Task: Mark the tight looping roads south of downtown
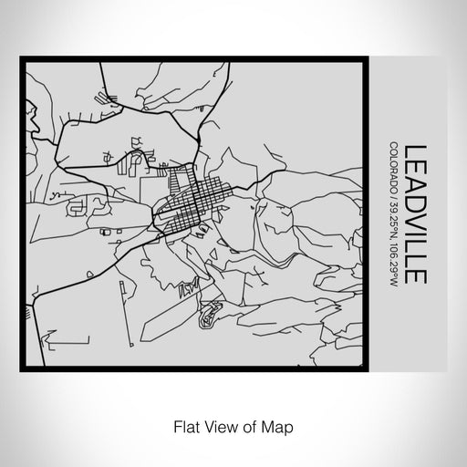click(210, 315)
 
